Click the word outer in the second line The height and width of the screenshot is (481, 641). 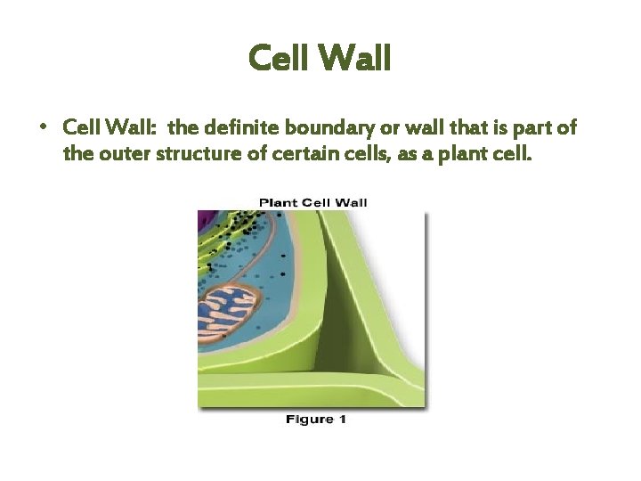tap(122, 153)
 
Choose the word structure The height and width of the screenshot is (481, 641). tap(191, 153)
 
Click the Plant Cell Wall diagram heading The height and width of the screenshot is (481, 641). tap(312, 202)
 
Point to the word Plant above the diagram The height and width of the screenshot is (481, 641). tap(278, 202)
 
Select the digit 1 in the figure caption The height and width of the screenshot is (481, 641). tap(341, 419)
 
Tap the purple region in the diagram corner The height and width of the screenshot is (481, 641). tap(207, 223)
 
